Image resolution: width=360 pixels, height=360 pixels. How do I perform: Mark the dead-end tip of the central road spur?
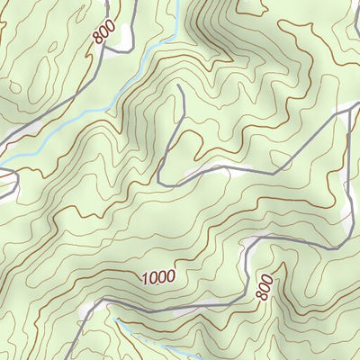pyautogui.click(x=181, y=86)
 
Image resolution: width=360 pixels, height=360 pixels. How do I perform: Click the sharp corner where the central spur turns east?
pyautogui.click(x=159, y=184)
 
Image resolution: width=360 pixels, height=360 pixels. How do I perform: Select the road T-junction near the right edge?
pyautogui.click(x=347, y=112)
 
